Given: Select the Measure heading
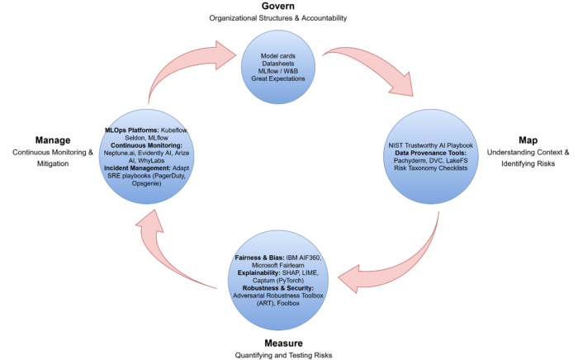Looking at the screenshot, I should pyautogui.click(x=277, y=342).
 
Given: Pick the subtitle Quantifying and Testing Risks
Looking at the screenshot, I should pyautogui.click(x=277, y=354).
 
